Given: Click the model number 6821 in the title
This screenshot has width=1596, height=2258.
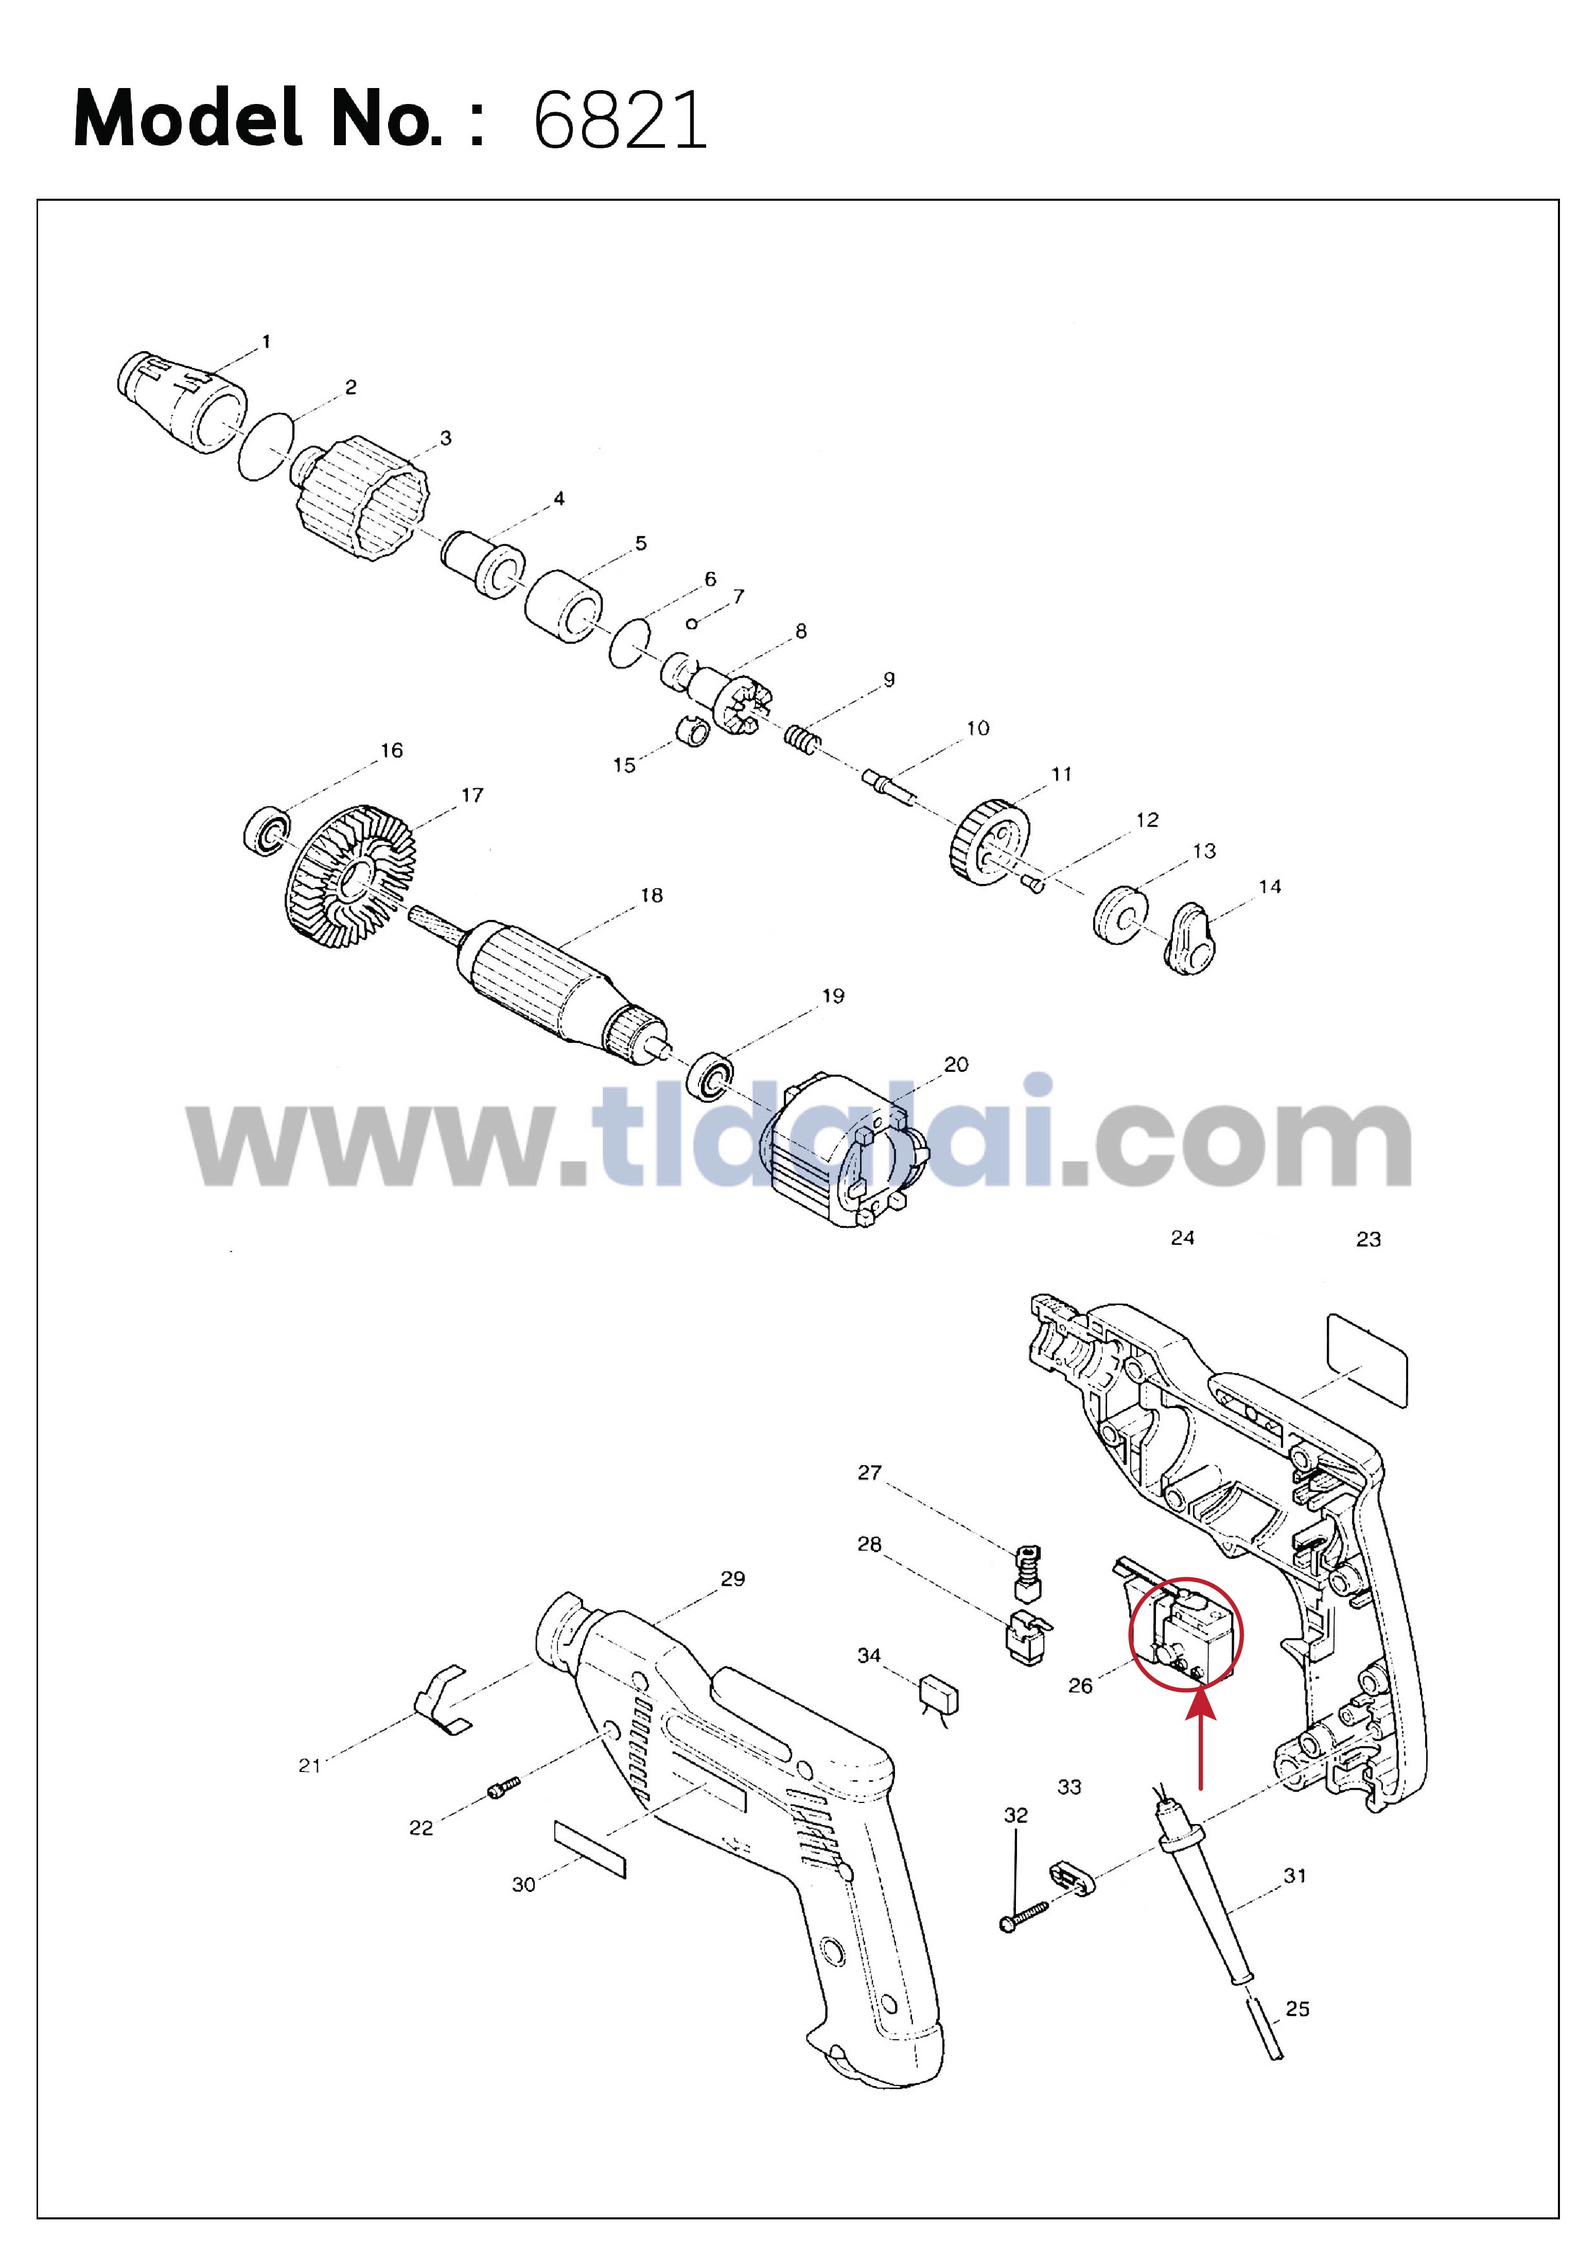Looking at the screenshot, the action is (x=620, y=120).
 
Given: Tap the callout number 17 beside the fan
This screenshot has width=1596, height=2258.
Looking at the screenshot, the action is (x=472, y=795).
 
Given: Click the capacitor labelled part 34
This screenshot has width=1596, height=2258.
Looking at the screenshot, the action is (x=938, y=1694).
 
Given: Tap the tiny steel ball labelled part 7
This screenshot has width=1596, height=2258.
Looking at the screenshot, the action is (x=692, y=623).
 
